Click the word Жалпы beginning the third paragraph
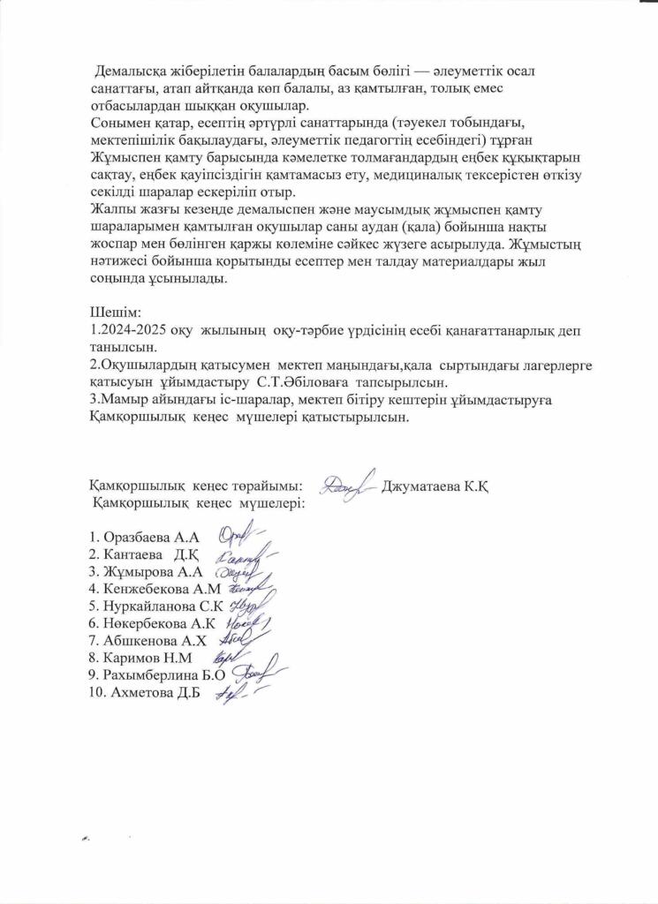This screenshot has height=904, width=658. pyautogui.click(x=113, y=209)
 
